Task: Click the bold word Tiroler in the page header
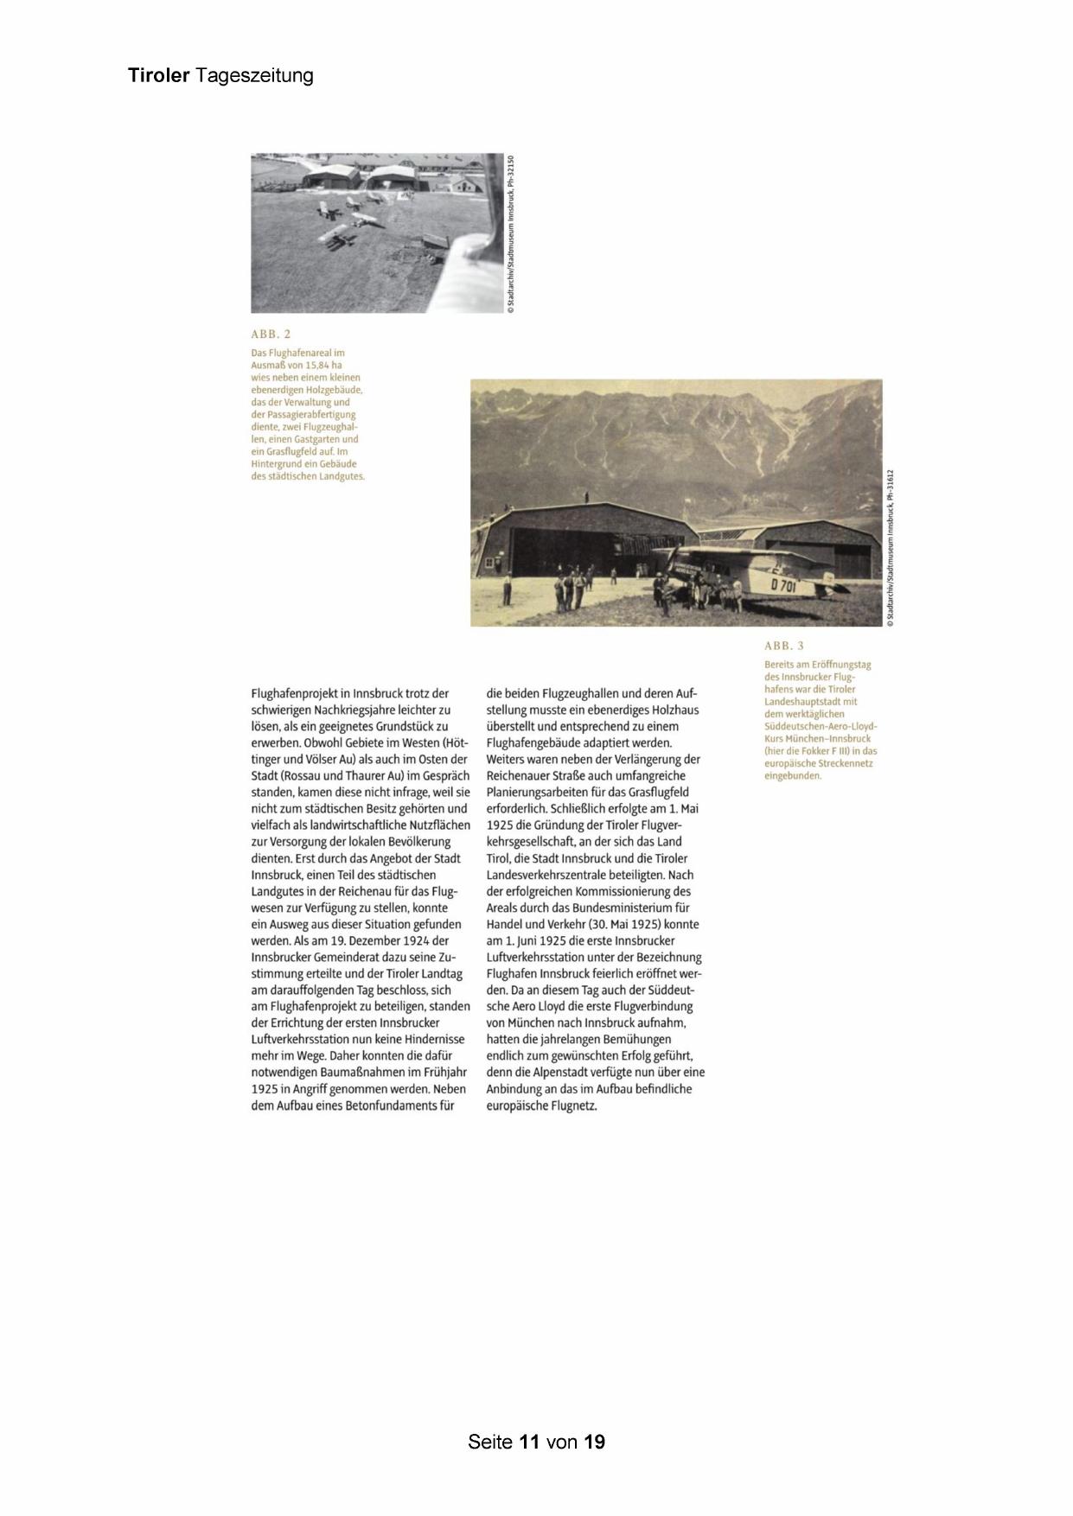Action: (158, 75)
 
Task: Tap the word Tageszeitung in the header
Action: (254, 76)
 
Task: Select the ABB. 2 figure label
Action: (271, 334)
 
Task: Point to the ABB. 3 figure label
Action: (784, 646)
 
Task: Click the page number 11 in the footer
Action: (530, 1442)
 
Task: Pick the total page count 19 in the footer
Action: (594, 1442)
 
